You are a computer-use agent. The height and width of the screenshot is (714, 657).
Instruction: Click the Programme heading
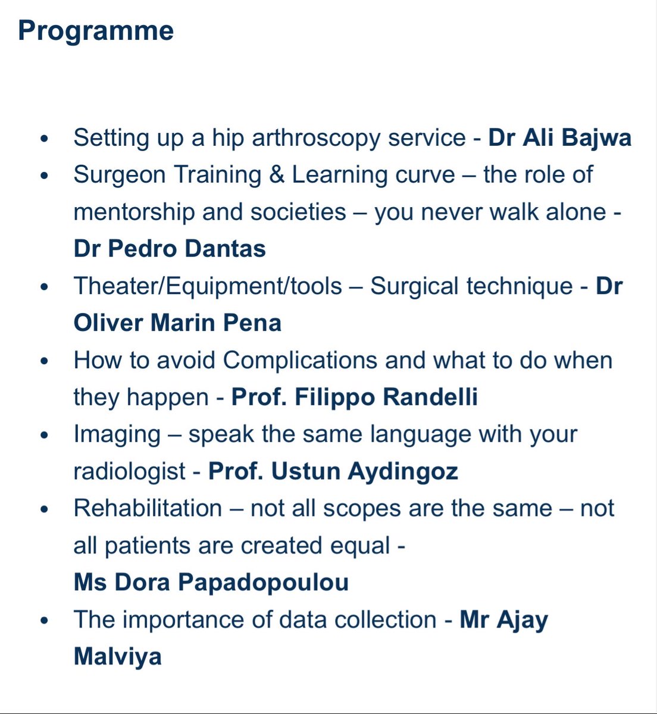96,31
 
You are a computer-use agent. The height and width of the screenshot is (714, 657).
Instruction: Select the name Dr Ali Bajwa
559,137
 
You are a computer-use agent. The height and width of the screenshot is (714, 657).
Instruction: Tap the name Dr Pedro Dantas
170,248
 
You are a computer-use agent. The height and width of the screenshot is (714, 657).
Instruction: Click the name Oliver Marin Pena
177,322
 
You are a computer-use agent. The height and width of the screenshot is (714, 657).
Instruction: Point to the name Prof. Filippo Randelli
354,397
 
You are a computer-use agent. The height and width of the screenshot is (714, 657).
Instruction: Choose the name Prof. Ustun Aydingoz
333,471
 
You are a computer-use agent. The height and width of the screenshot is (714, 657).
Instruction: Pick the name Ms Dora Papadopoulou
211,582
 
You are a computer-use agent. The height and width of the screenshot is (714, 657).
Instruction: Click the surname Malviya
117,656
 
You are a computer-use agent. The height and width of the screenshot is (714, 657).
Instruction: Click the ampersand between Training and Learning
277,175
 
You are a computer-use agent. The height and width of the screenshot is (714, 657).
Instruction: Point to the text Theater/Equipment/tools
208,286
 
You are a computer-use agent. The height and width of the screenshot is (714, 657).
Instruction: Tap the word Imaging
117,434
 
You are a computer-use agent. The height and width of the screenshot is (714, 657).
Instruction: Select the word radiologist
129,471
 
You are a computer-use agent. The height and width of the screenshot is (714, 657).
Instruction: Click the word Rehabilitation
148,509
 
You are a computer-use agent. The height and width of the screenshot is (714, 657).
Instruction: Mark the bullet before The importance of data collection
43,621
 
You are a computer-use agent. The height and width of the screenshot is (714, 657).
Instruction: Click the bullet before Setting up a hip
43,139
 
